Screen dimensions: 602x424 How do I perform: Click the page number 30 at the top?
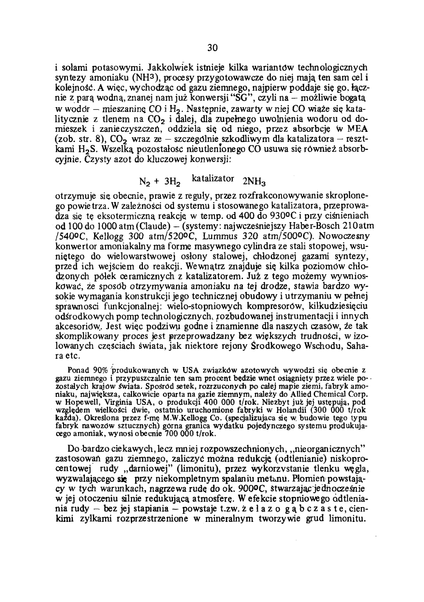[x=212, y=48]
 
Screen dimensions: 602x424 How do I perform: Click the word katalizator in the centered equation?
[x=213, y=178]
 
